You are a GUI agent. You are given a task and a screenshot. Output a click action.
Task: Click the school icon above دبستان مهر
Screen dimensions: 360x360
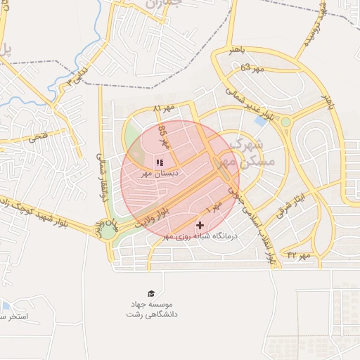pyautogui.click(x=159, y=162)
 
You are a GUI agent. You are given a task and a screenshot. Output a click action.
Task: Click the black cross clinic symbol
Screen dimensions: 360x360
pyautogui.click(x=200, y=225)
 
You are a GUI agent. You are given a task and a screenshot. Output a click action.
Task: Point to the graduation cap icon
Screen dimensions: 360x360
pyautogui.click(x=151, y=293)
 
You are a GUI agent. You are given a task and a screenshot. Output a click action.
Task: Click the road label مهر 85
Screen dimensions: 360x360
pyautogui.click(x=163, y=134)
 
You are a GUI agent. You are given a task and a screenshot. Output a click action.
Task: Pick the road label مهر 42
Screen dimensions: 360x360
pyautogui.click(x=298, y=255)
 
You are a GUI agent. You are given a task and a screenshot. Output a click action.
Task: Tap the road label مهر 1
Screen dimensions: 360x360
pyautogui.click(x=214, y=207)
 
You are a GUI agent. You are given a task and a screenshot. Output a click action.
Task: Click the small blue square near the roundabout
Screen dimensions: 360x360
pyautogui.click(x=261, y=121)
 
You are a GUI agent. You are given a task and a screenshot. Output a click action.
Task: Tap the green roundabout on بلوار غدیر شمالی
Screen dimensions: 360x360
pyautogui.click(x=286, y=123)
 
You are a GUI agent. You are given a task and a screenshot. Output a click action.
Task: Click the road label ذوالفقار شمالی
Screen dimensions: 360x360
pyautogui.click(x=103, y=177)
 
